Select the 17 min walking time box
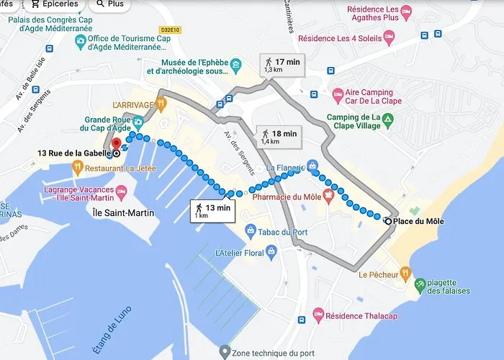[x=282, y=64]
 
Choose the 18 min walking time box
[x=278, y=137]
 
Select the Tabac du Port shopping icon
[x=250, y=231]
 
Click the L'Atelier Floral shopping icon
[x=271, y=253]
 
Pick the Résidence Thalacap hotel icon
[x=318, y=316]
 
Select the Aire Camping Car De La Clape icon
[x=338, y=94]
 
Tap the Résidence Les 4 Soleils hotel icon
[x=389, y=35]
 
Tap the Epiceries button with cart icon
[x=54, y=4]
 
